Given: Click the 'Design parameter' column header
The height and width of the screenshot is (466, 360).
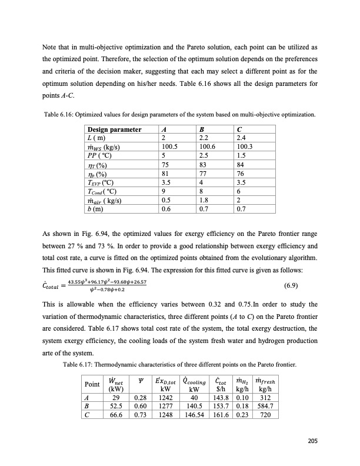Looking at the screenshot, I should pos(114,129).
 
